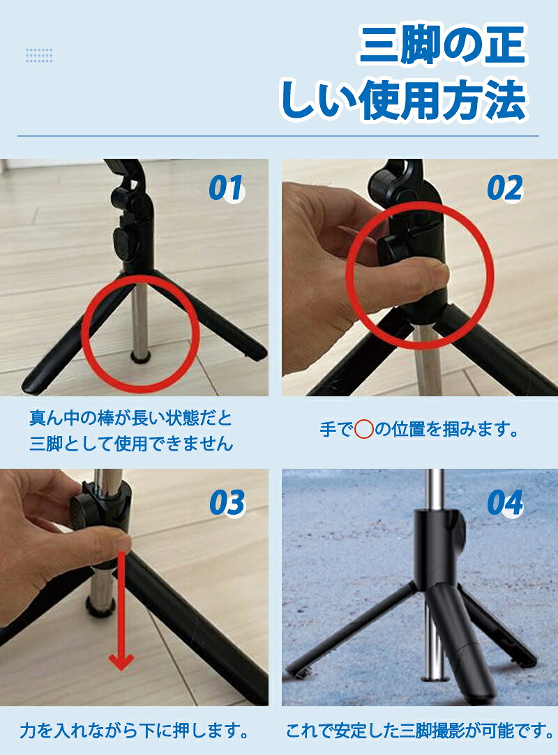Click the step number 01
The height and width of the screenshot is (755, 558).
(x=226, y=188)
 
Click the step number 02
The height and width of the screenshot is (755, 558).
(x=504, y=188)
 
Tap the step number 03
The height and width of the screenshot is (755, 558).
(x=227, y=503)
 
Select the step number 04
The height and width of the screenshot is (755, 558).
(x=505, y=503)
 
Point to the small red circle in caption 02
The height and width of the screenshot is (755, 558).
(x=363, y=429)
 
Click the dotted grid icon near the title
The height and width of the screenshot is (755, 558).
(x=39, y=56)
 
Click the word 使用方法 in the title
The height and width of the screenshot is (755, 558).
(x=443, y=101)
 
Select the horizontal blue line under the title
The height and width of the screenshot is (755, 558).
(x=278, y=137)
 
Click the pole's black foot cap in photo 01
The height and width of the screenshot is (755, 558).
(x=140, y=357)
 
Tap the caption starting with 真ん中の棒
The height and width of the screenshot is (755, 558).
(x=131, y=430)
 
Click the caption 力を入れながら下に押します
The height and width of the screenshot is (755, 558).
(x=135, y=731)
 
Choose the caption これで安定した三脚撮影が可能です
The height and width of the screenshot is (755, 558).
(x=420, y=731)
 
